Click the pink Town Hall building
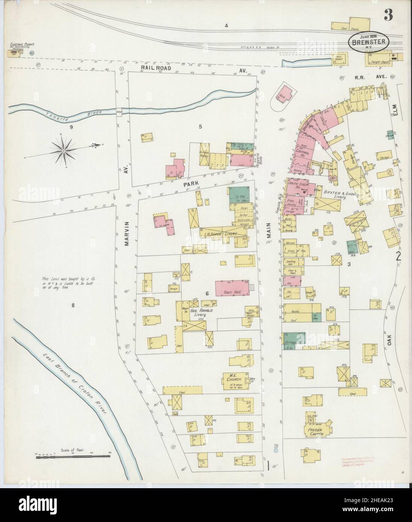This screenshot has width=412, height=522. point(232,288)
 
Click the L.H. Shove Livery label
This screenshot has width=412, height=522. point(220,234)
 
